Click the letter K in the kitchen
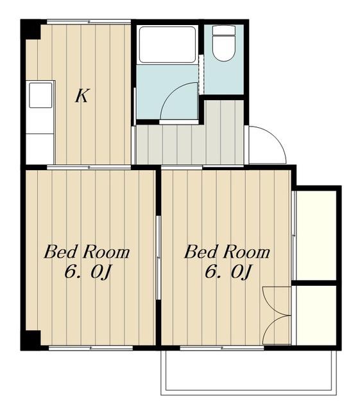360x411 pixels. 82,96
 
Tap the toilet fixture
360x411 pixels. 223,43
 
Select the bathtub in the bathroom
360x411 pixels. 167,44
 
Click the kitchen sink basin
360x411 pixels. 40,95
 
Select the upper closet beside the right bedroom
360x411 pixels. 316,235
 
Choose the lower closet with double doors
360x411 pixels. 316,315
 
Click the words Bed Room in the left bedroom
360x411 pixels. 87,252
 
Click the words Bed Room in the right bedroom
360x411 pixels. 227,252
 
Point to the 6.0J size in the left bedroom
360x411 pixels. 88,272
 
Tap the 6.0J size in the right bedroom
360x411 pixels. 228,272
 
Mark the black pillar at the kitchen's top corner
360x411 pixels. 30,30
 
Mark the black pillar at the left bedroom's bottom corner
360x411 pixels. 30,340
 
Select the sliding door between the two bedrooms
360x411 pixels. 159,258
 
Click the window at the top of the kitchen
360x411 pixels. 89,22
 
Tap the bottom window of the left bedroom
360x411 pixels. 90,348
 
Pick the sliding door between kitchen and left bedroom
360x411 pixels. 89,167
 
